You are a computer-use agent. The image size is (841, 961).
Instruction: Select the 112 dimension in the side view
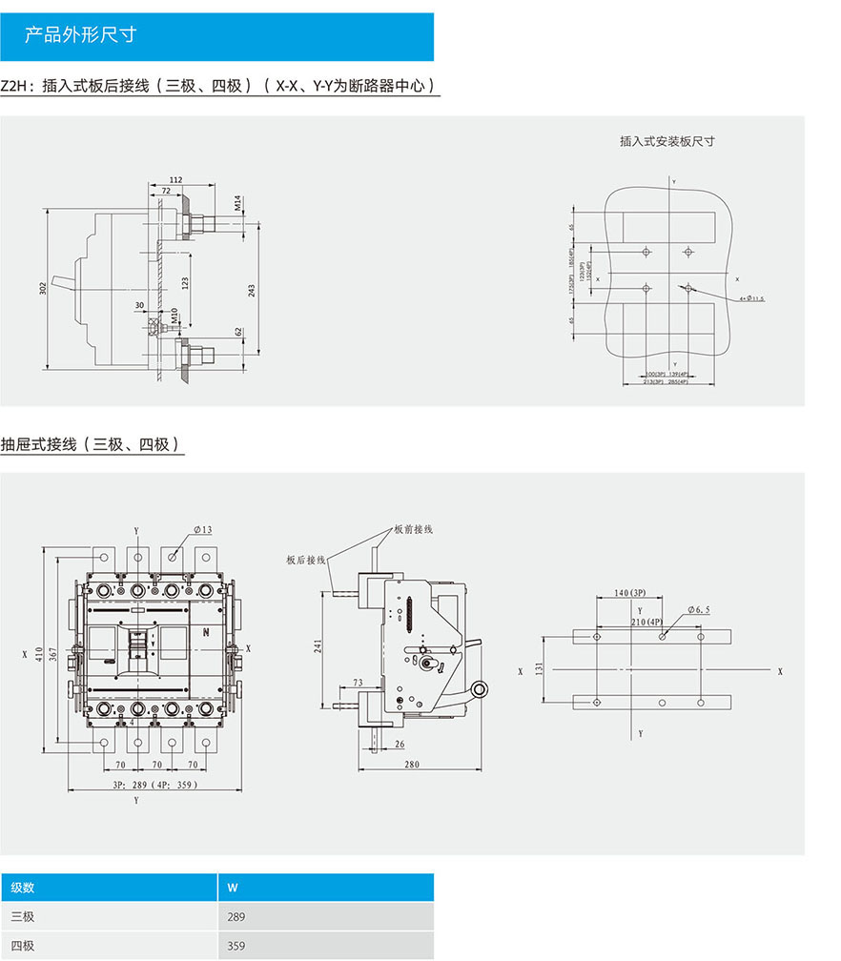coord(175,179)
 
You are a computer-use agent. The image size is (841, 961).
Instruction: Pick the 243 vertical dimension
coord(251,290)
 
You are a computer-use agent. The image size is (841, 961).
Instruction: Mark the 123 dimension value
coord(185,282)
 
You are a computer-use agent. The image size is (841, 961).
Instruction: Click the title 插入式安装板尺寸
coord(667,141)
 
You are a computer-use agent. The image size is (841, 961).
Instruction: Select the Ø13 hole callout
coord(202,529)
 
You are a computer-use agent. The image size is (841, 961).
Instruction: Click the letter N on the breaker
coord(205,631)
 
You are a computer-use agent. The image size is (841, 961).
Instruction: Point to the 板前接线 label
coord(414,529)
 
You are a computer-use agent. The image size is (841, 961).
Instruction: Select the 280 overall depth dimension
coord(411,764)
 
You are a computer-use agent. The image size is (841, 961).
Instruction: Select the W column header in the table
coord(233,887)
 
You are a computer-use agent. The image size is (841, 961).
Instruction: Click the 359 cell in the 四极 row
coord(236,946)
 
